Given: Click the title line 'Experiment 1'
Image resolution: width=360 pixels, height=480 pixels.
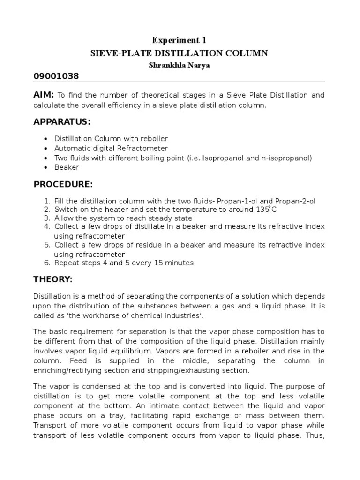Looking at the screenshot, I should click(180, 41).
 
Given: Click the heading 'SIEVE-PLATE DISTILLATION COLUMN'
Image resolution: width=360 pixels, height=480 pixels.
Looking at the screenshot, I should click(180, 53).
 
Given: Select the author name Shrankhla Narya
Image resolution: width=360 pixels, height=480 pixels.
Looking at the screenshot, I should click(180, 65).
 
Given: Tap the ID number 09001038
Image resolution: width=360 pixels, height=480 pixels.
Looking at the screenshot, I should click(56, 77).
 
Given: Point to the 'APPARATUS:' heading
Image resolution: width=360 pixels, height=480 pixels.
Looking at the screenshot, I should click(62, 122).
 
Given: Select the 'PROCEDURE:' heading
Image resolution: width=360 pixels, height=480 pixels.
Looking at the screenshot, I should click(63, 184).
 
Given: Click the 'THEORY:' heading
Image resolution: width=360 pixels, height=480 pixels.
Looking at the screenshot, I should click(53, 280).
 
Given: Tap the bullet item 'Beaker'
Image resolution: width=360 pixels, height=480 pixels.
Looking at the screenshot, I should click(67, 167).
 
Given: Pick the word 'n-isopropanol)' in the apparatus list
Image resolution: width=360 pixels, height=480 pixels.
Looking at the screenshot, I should click(286, 157).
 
